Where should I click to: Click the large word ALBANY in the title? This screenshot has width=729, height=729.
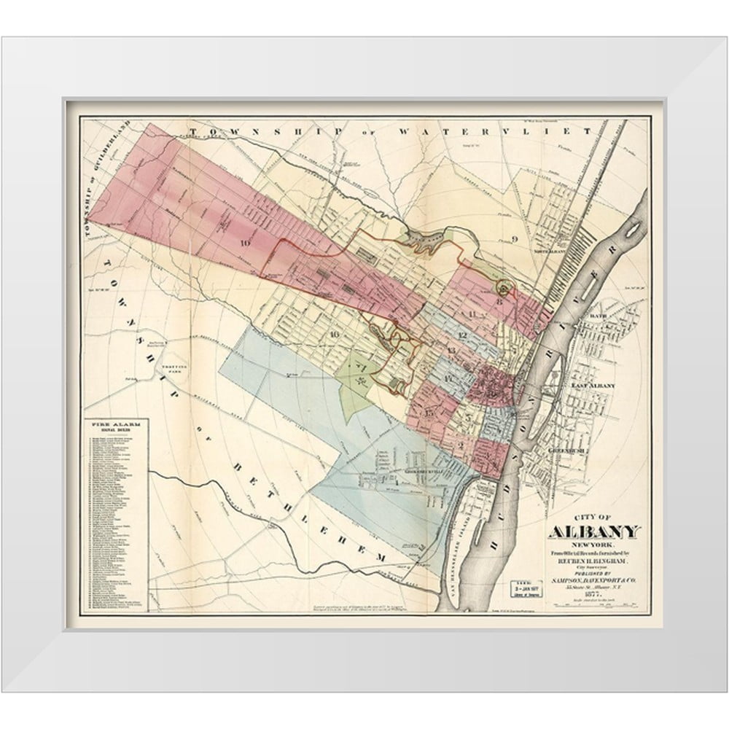pos(593,532)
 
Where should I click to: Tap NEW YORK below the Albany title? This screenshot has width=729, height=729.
pos(593,546)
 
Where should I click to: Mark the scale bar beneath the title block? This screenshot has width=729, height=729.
pos(593,605)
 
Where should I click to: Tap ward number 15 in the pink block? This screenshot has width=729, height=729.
pos(429,413)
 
